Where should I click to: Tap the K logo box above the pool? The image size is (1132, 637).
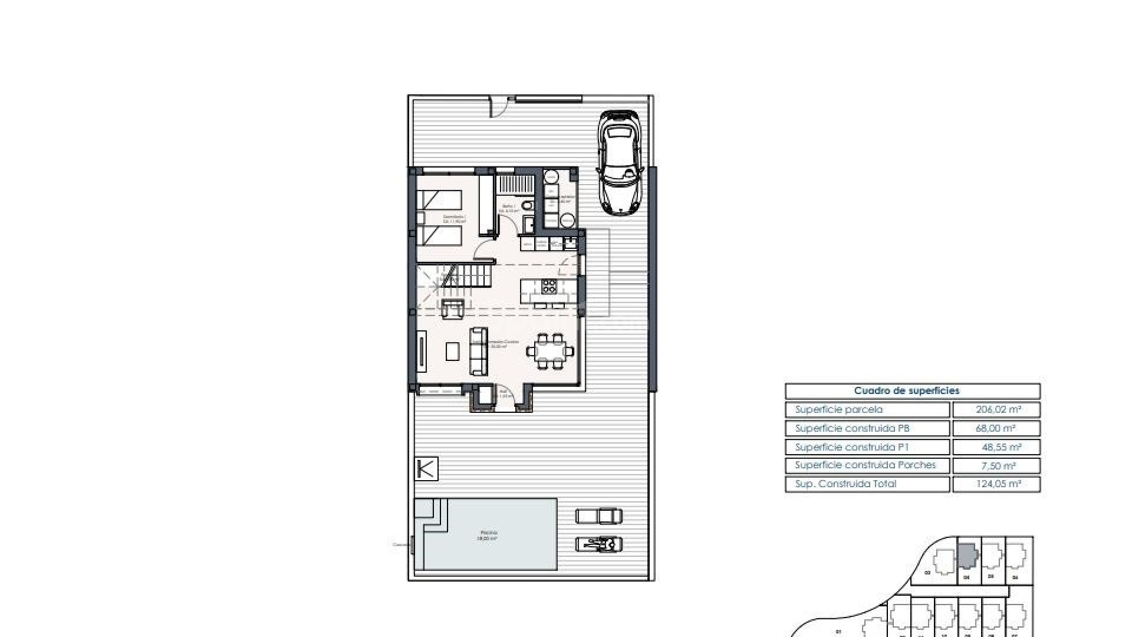[x=426, y=469]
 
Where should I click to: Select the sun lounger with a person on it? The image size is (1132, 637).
[x=598, y=544]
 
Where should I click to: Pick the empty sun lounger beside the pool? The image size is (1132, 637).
[x=598, y=517]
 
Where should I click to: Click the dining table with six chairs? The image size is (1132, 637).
[x=549, y=352]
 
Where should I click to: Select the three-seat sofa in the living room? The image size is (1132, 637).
[x=478, y=352]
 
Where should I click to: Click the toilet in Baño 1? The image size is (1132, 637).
[x=528, y=205]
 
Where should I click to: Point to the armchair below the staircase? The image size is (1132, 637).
[x=452, y=308]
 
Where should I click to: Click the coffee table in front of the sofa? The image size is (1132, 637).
[x=453, y=352]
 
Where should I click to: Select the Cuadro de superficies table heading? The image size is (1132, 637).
[x=906, y=391]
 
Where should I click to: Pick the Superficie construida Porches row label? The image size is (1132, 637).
[x=865, y=465]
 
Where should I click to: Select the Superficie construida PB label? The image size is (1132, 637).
[x=852, y=428]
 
